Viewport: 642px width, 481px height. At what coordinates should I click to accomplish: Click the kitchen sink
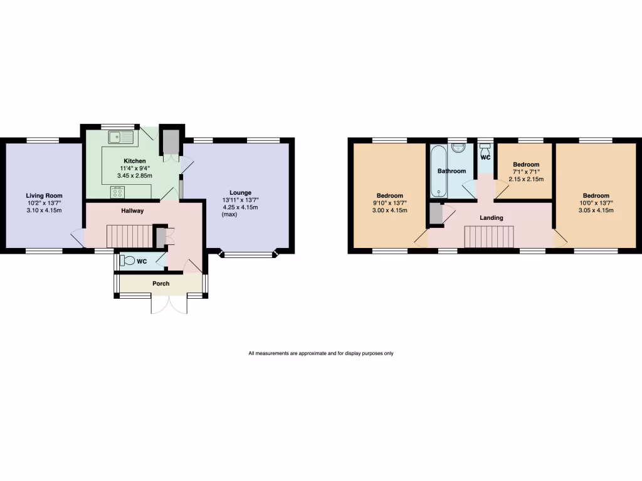(x=118, y=137)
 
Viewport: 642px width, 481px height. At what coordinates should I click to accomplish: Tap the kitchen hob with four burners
(x=117, y=192)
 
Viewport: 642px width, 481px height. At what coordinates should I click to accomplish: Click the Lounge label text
(x=240, y=192)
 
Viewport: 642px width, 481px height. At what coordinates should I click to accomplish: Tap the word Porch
(x=161, y=284)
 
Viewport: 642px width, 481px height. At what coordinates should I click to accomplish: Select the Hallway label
(x=133, y=211)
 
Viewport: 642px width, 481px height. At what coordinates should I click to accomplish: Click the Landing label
(x=492, y=218)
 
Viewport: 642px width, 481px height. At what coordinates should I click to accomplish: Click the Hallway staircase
(x=130, y=237)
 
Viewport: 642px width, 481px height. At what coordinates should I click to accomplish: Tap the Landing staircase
(x=488, y=238)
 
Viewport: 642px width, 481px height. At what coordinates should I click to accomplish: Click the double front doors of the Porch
(x=169, y=304)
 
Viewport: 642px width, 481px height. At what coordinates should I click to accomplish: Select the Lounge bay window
(x=248, y=255)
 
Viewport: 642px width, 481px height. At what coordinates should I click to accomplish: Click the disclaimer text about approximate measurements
(x=320, y=354)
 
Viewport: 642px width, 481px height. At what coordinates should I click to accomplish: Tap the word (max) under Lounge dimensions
(x=230, y=215)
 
